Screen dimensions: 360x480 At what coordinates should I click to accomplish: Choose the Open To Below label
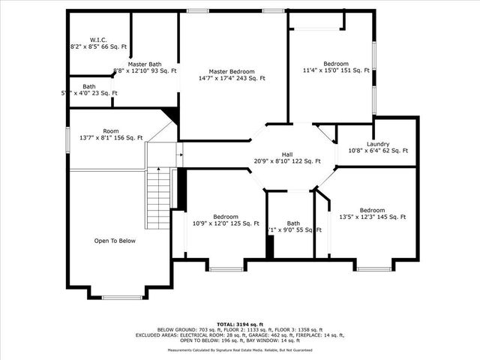[115, 241]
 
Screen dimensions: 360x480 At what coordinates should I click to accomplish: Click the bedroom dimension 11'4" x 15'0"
[336, 70]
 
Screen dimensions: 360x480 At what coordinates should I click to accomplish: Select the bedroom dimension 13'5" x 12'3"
[372, 217]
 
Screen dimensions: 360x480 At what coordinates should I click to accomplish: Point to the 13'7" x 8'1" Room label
[111, 137]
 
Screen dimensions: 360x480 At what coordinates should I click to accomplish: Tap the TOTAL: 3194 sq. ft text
[239, 324]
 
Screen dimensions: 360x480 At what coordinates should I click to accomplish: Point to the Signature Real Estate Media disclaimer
[240, 349]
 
